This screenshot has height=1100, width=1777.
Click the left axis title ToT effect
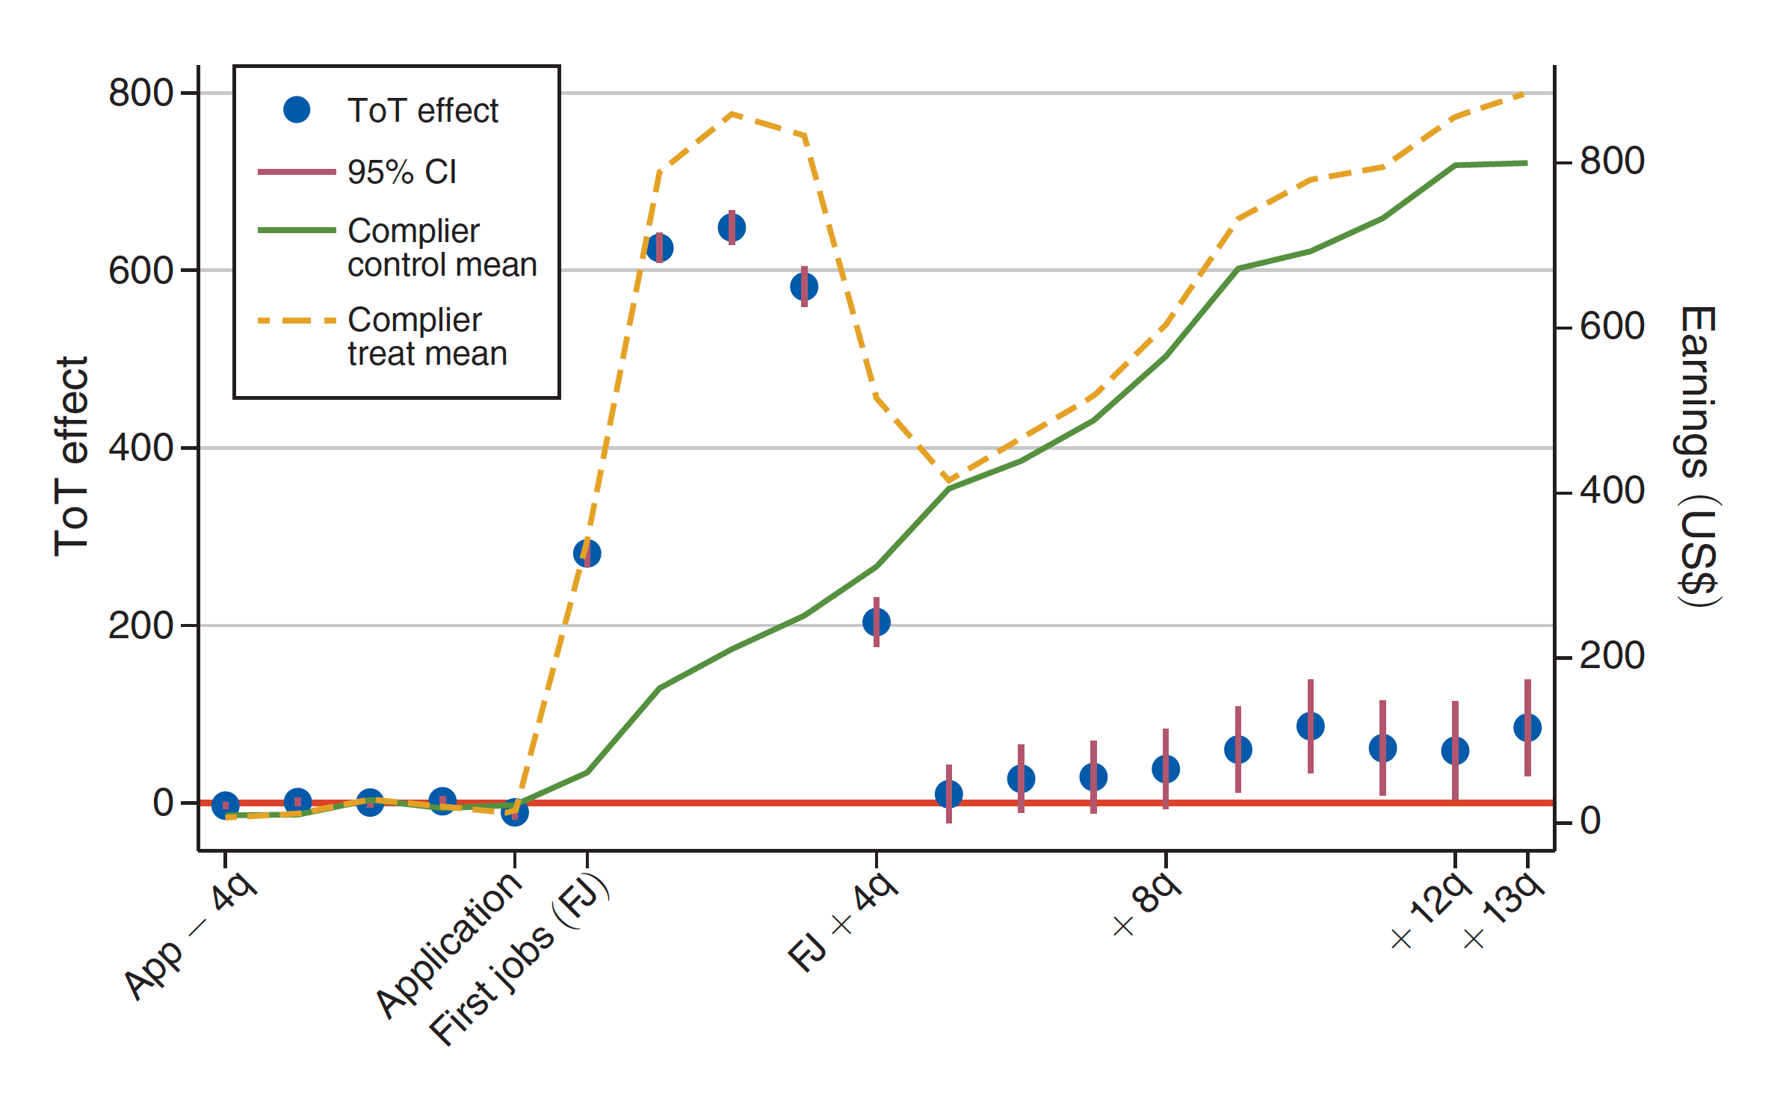[72, 456]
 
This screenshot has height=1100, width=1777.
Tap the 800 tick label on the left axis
[141, 93]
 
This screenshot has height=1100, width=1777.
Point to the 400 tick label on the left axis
[141, 448]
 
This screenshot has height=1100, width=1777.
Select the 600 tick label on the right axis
[1612, 327]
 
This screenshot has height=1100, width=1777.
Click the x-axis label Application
[448, 945]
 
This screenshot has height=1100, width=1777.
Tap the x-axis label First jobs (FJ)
[519, 960]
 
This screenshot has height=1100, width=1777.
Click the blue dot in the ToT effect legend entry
[297, 110]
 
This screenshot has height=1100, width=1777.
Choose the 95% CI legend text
[402, 172]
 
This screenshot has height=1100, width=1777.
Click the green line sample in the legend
[297, 230]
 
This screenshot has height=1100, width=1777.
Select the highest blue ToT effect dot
[732, 227]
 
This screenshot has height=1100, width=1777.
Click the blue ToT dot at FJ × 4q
[877, 622]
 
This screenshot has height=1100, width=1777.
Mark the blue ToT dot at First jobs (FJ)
[587, 554]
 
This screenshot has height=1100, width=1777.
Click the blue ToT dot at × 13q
[1527, 727]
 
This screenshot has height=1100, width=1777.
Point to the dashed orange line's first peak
[732, 114]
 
